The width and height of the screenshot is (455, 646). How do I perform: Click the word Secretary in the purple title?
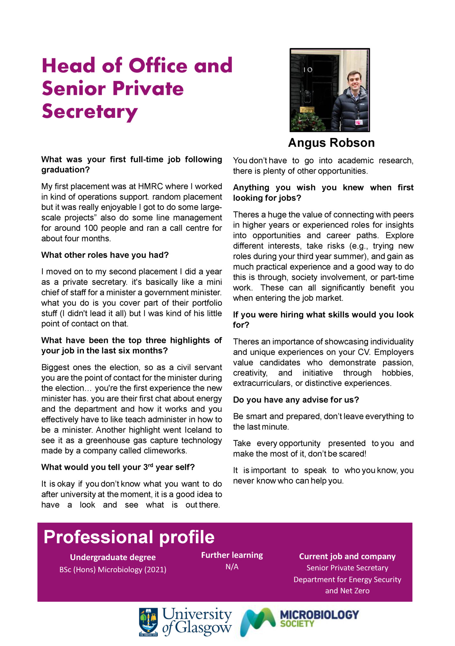click(x=90, y=112)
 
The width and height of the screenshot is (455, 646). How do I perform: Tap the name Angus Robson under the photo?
click(x=331, y=143)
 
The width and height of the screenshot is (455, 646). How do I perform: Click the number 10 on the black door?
click(x=307, y=70)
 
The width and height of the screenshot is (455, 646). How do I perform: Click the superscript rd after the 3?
click(x=151, y=465)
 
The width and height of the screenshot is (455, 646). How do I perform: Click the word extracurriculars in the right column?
click(x=262, y=383)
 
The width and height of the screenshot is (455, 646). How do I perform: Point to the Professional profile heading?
click(x=129, y=537)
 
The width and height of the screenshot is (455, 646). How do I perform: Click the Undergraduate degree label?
click(x=113, y=557)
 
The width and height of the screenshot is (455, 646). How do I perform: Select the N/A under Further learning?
click(x=232, y=567)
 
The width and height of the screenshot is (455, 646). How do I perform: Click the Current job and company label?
click(x=347, y=556)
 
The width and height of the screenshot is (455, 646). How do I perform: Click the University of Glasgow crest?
click(x=148, y=621)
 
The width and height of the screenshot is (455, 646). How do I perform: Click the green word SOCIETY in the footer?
click(x=297, y=624)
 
